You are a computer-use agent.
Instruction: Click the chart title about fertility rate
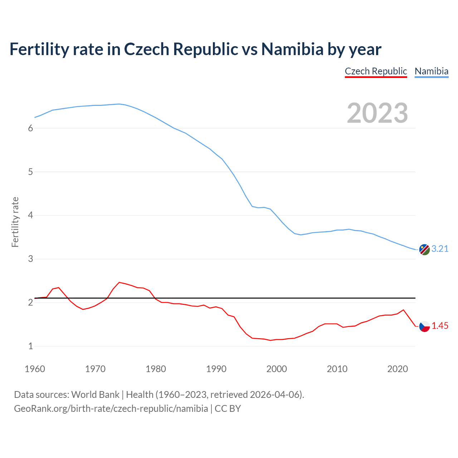coord(195,49)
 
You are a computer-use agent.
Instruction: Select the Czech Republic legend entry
coord(376,71)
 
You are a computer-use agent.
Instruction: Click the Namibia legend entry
coord(431,71)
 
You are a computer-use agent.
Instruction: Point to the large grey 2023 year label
coord(377,113)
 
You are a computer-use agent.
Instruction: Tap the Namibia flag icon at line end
coord(424,249)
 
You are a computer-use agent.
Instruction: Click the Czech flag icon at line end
coord(424,326)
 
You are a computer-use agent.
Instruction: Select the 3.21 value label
coord(440,249)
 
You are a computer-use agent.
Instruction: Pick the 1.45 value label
coord(440,326)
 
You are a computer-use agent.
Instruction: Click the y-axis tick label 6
coord(30,128)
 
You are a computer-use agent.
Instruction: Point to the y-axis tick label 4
coord(30,215)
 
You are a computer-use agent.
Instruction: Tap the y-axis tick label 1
coord(30,346)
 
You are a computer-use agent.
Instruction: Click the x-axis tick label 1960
coord(35,369)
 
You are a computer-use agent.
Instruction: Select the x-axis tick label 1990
coord(216,369)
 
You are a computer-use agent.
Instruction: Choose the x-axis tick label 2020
coord(398,369)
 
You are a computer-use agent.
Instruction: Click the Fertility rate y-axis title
coord(15,222)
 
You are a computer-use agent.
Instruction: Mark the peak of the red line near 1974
coord(119,282)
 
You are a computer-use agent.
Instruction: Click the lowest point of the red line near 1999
coord(271,340)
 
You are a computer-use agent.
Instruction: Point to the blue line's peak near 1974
coord(119,104)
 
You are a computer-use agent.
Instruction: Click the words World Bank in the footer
coord(95,395)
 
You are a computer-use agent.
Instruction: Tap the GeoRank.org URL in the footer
coord(111,409)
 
